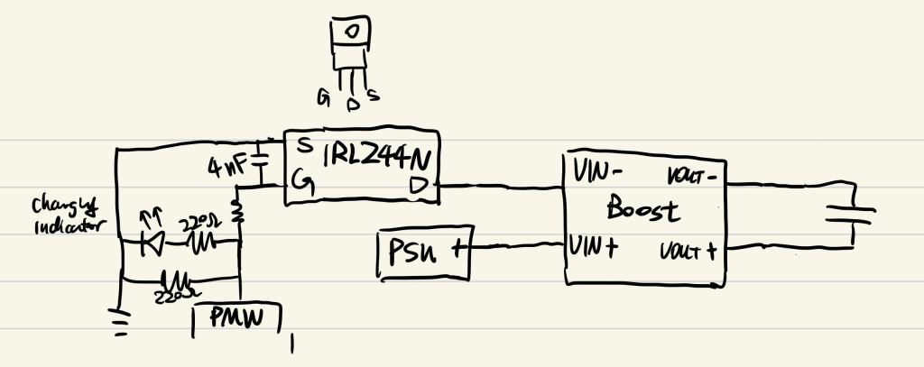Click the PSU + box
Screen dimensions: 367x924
pyautogui.click(x=422, y=252)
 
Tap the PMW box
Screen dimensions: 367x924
pyautogui.click(x=238, y=318)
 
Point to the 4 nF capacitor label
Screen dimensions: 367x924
pyautogui.click(x=226, y=167)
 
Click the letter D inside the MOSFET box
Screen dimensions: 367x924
pyautogui.click(x=421, y=185)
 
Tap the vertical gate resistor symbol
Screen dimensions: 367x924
pyautogui.click(x=239, y=212)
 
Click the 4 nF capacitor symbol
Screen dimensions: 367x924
pyautogui.click(x=262, y=164)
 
